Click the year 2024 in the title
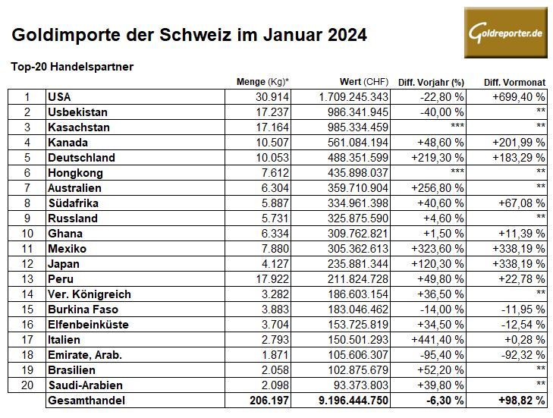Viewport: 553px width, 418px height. point(344,35)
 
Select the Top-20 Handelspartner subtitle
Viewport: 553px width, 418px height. point(73,67)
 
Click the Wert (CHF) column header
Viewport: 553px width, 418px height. point(364,82)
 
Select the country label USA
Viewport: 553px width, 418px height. point(58,97)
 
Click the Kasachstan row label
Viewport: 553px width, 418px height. point(78,127)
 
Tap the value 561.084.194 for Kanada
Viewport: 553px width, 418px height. point(354,143)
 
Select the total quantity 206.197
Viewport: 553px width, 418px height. point(269,400)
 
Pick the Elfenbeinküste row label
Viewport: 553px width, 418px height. point(88,324)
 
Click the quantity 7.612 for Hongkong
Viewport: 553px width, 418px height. point(276,173)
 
